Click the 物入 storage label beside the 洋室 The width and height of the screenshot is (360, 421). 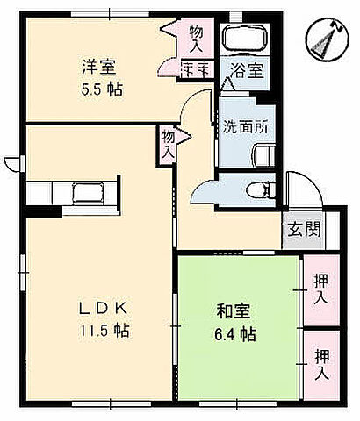coord(195,37)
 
